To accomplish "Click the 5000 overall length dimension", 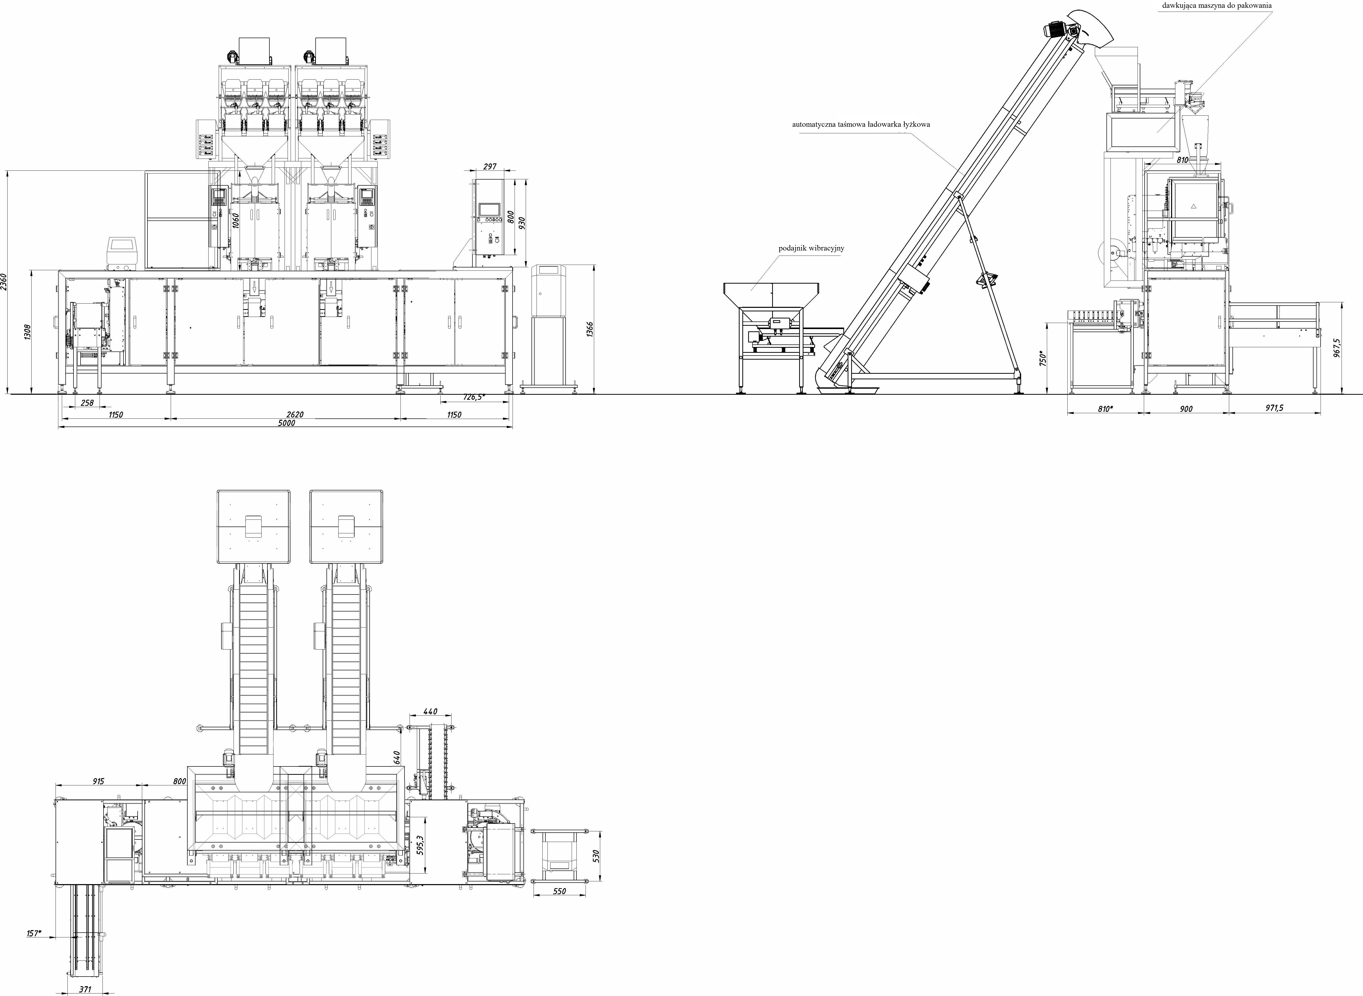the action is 286,423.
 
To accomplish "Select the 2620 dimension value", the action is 295,415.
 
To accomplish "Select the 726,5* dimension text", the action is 473,397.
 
